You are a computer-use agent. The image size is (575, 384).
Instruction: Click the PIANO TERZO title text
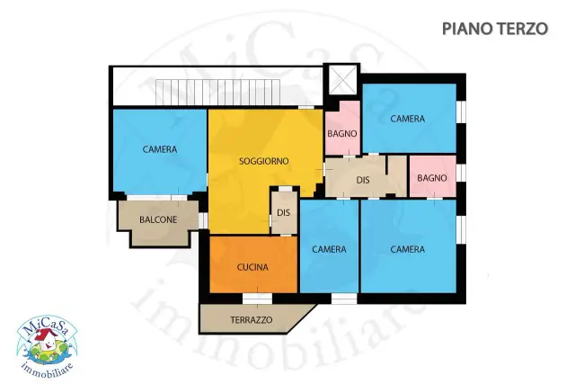[495, 29]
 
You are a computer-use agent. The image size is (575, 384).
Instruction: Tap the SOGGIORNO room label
[263, 161]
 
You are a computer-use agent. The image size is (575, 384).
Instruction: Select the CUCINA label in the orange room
[252, 267]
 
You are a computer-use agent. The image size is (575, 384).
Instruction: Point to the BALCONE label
[158, 219]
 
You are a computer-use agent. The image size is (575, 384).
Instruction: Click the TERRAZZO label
[252, 320]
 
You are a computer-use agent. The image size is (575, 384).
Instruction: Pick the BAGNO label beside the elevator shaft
[341, 134]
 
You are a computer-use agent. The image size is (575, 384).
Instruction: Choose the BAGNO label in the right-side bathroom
[432, 178]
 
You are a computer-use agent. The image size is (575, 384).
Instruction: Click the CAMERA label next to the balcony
[160, 149]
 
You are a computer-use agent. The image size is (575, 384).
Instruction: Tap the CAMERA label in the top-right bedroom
[407, 119]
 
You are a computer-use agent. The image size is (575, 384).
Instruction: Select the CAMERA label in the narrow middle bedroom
[329, 249]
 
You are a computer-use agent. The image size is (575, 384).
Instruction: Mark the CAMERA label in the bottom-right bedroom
[407, 249]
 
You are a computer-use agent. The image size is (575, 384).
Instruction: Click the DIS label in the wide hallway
[363, 180]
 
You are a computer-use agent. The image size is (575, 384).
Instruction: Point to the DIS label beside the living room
[283, 212]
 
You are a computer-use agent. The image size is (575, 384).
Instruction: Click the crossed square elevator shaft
[342, 80]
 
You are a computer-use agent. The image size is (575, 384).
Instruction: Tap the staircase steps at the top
[217, 92]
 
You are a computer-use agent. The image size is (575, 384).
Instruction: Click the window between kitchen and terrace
[258, 299]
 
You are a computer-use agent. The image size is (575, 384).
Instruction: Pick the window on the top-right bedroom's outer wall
[461, 112]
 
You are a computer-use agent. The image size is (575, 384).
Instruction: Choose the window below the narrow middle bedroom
[344, 299]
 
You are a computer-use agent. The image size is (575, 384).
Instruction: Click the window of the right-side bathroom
[461, 173]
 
